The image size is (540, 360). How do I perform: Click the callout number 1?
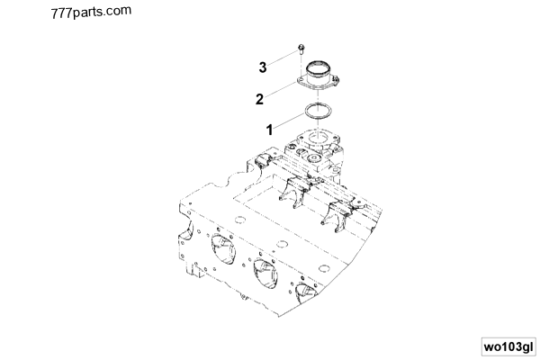[268, 130]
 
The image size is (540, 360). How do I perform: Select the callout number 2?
[259, 98]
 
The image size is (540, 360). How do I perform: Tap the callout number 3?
[263, 67]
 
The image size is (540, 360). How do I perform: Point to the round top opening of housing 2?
[319, 67]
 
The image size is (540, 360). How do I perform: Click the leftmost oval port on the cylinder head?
[220, 249]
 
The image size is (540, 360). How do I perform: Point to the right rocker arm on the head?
[335, 212]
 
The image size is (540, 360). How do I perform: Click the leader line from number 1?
[288, 122]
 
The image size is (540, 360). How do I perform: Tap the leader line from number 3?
[281, 59]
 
